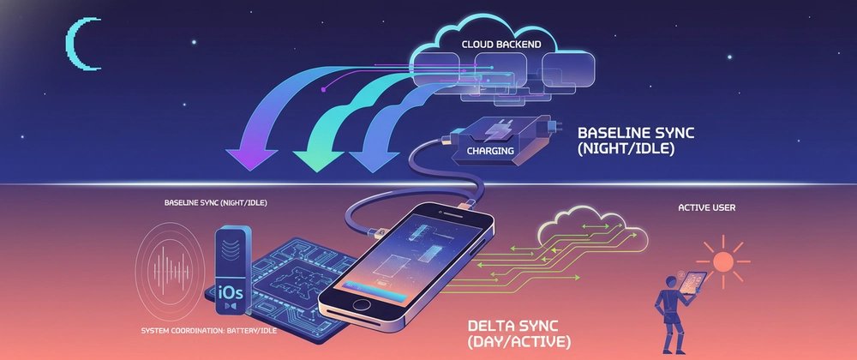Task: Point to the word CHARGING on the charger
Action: click(489, 151)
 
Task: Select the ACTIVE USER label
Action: click(707, 207)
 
